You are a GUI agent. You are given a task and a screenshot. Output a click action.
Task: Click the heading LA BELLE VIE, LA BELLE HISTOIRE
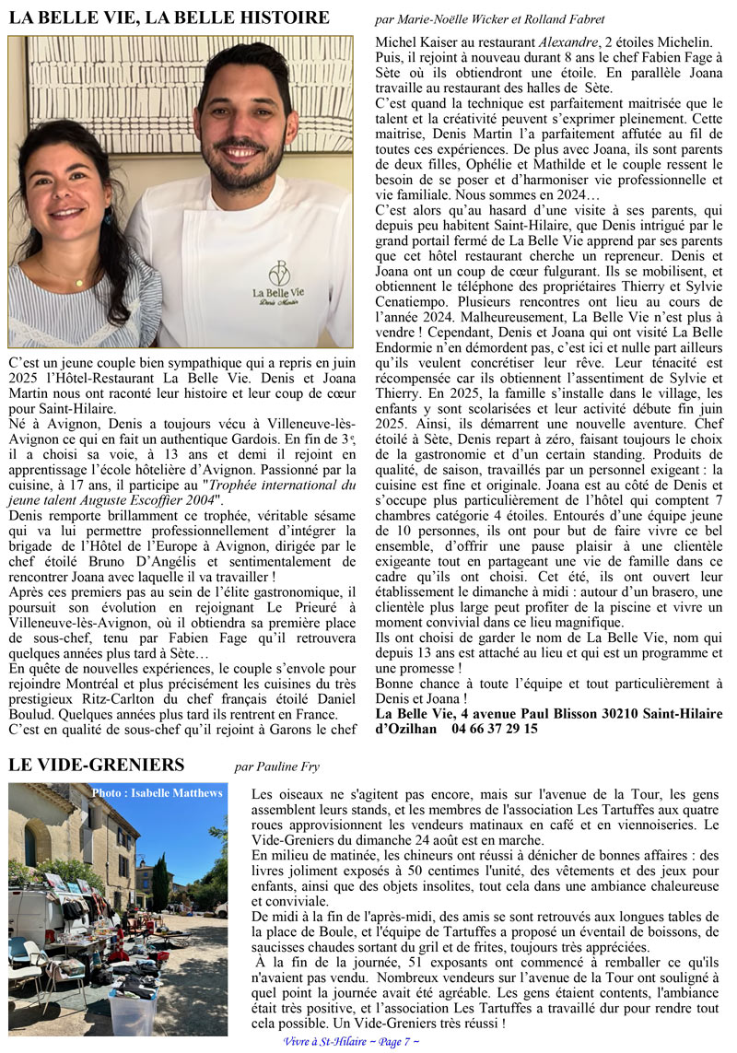[170, 18]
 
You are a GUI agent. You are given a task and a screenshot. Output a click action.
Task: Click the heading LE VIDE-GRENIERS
[97, 765]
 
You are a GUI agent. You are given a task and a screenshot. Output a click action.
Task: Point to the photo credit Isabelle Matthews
[158, 792]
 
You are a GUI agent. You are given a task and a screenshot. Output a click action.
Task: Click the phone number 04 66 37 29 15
[496, 728]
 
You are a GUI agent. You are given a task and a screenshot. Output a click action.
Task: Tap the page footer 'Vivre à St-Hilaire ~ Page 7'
[352, 1041]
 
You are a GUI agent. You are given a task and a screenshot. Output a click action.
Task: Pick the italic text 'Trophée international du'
[276, 485]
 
